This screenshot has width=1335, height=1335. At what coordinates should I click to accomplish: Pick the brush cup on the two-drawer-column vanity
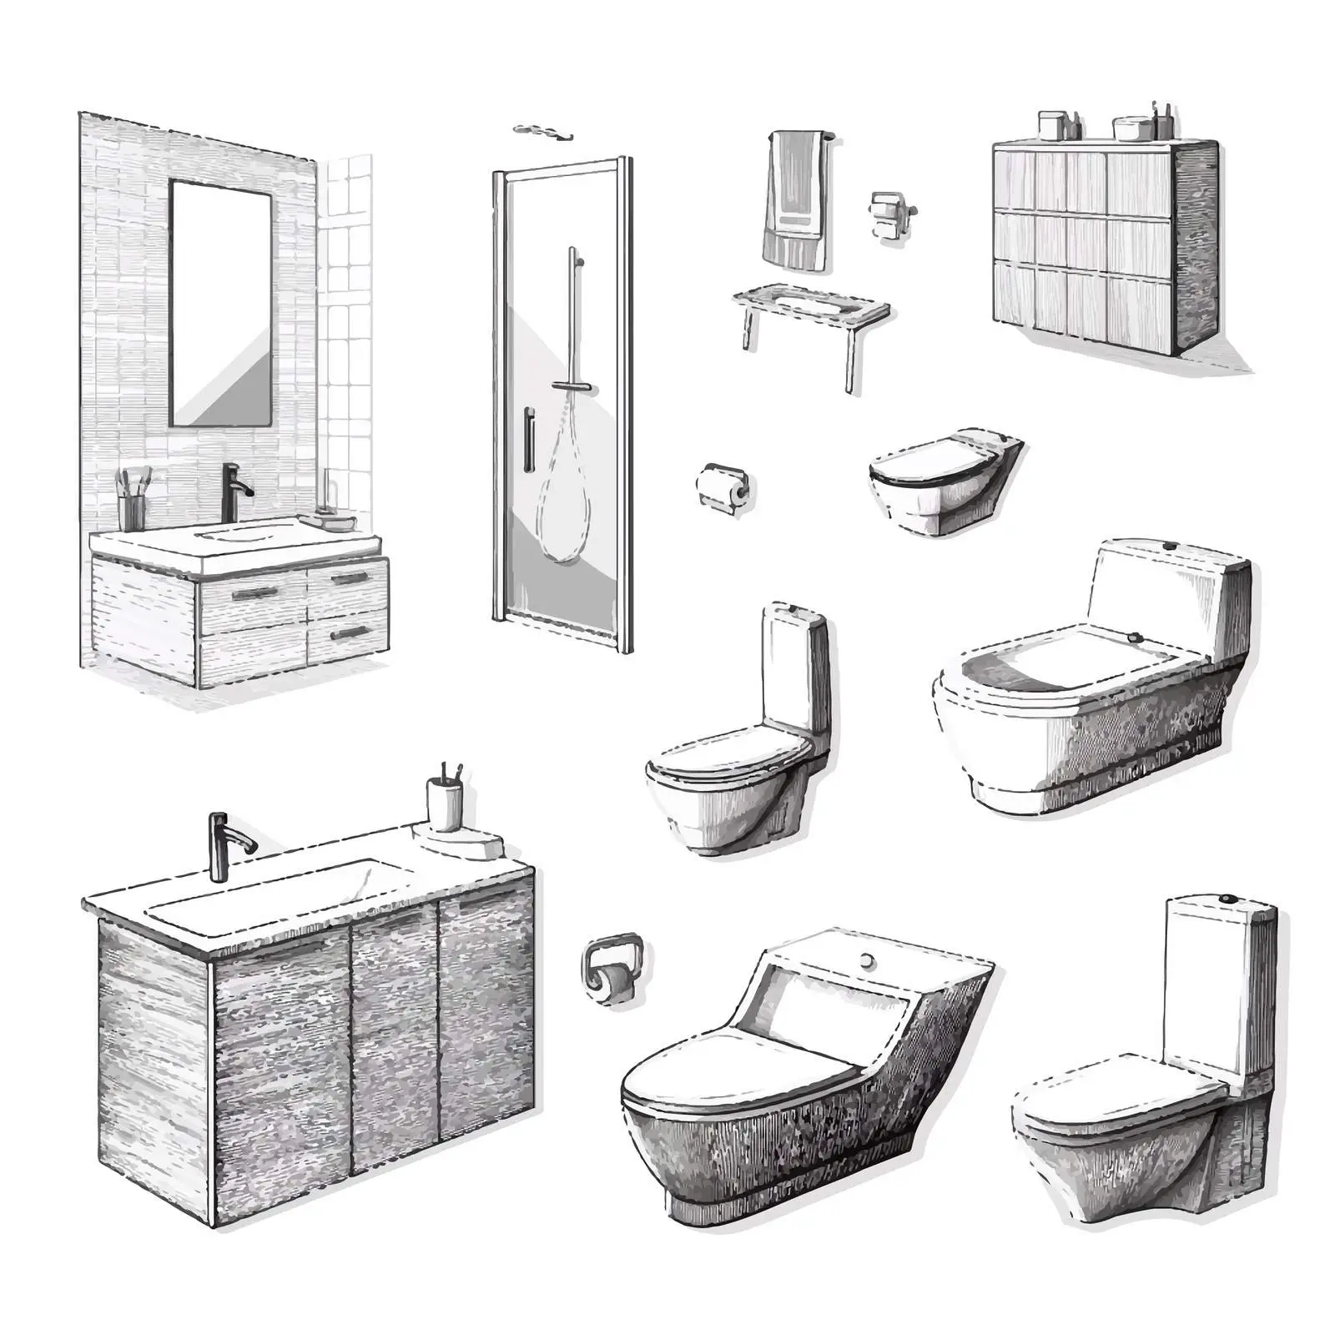click(133, 504)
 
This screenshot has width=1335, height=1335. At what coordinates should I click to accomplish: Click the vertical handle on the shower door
click(527, 441)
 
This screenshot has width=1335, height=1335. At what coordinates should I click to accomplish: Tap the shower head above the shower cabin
click(542, 130)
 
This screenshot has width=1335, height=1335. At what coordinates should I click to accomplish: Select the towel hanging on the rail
click(795, 200)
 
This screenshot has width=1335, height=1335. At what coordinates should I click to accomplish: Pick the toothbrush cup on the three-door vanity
click(445, 801)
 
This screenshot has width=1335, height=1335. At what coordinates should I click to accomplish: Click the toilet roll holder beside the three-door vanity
click(612, 968)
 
